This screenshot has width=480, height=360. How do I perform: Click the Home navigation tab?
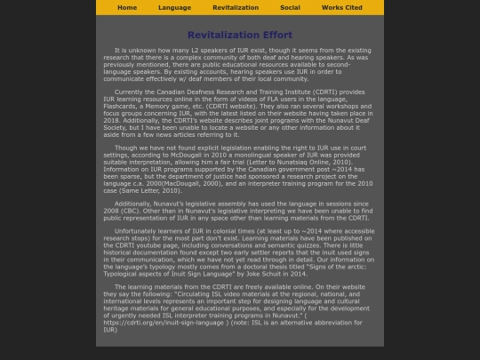[127, 7]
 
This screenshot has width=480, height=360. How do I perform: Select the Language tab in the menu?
[174, 7]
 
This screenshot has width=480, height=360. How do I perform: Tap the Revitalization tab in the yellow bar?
[236, 7]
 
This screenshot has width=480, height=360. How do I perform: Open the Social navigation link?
[290, 7]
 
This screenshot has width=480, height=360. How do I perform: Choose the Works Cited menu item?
[341, 7]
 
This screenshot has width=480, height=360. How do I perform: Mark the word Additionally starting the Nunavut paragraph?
[135, 203]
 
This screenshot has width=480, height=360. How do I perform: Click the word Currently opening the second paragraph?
[132, 91]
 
